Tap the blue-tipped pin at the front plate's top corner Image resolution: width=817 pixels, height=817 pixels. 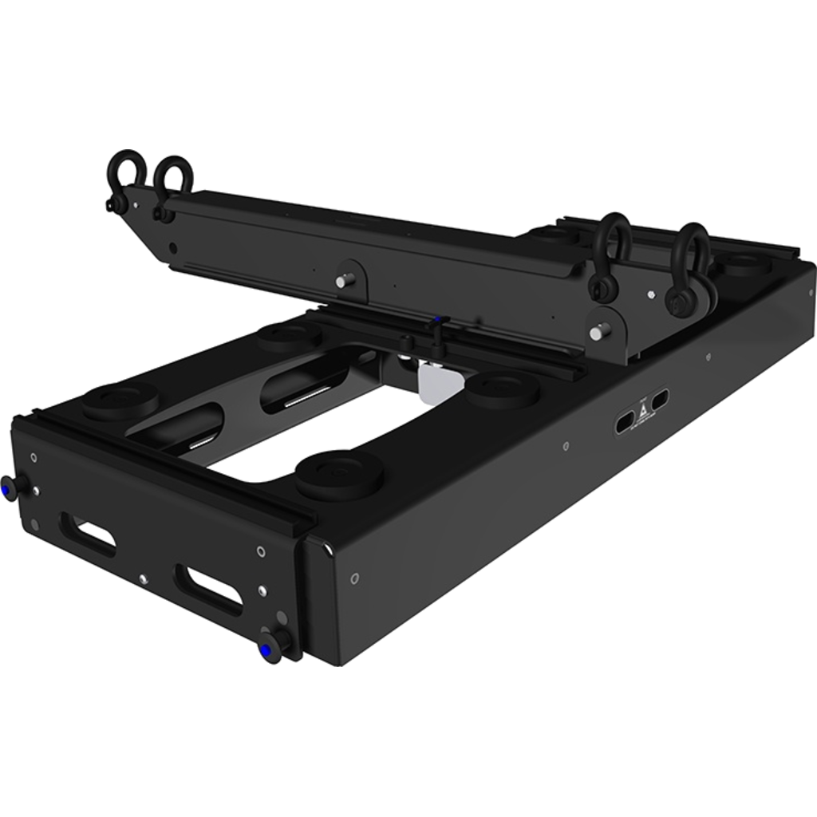coord(9,487)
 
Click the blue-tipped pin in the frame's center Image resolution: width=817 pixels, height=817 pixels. coord(436,323)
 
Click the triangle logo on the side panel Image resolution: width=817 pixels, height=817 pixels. coord(639,413)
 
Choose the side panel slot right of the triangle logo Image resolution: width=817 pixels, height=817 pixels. coord(660,400)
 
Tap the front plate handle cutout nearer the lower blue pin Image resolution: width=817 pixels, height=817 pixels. coord(209,586)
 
